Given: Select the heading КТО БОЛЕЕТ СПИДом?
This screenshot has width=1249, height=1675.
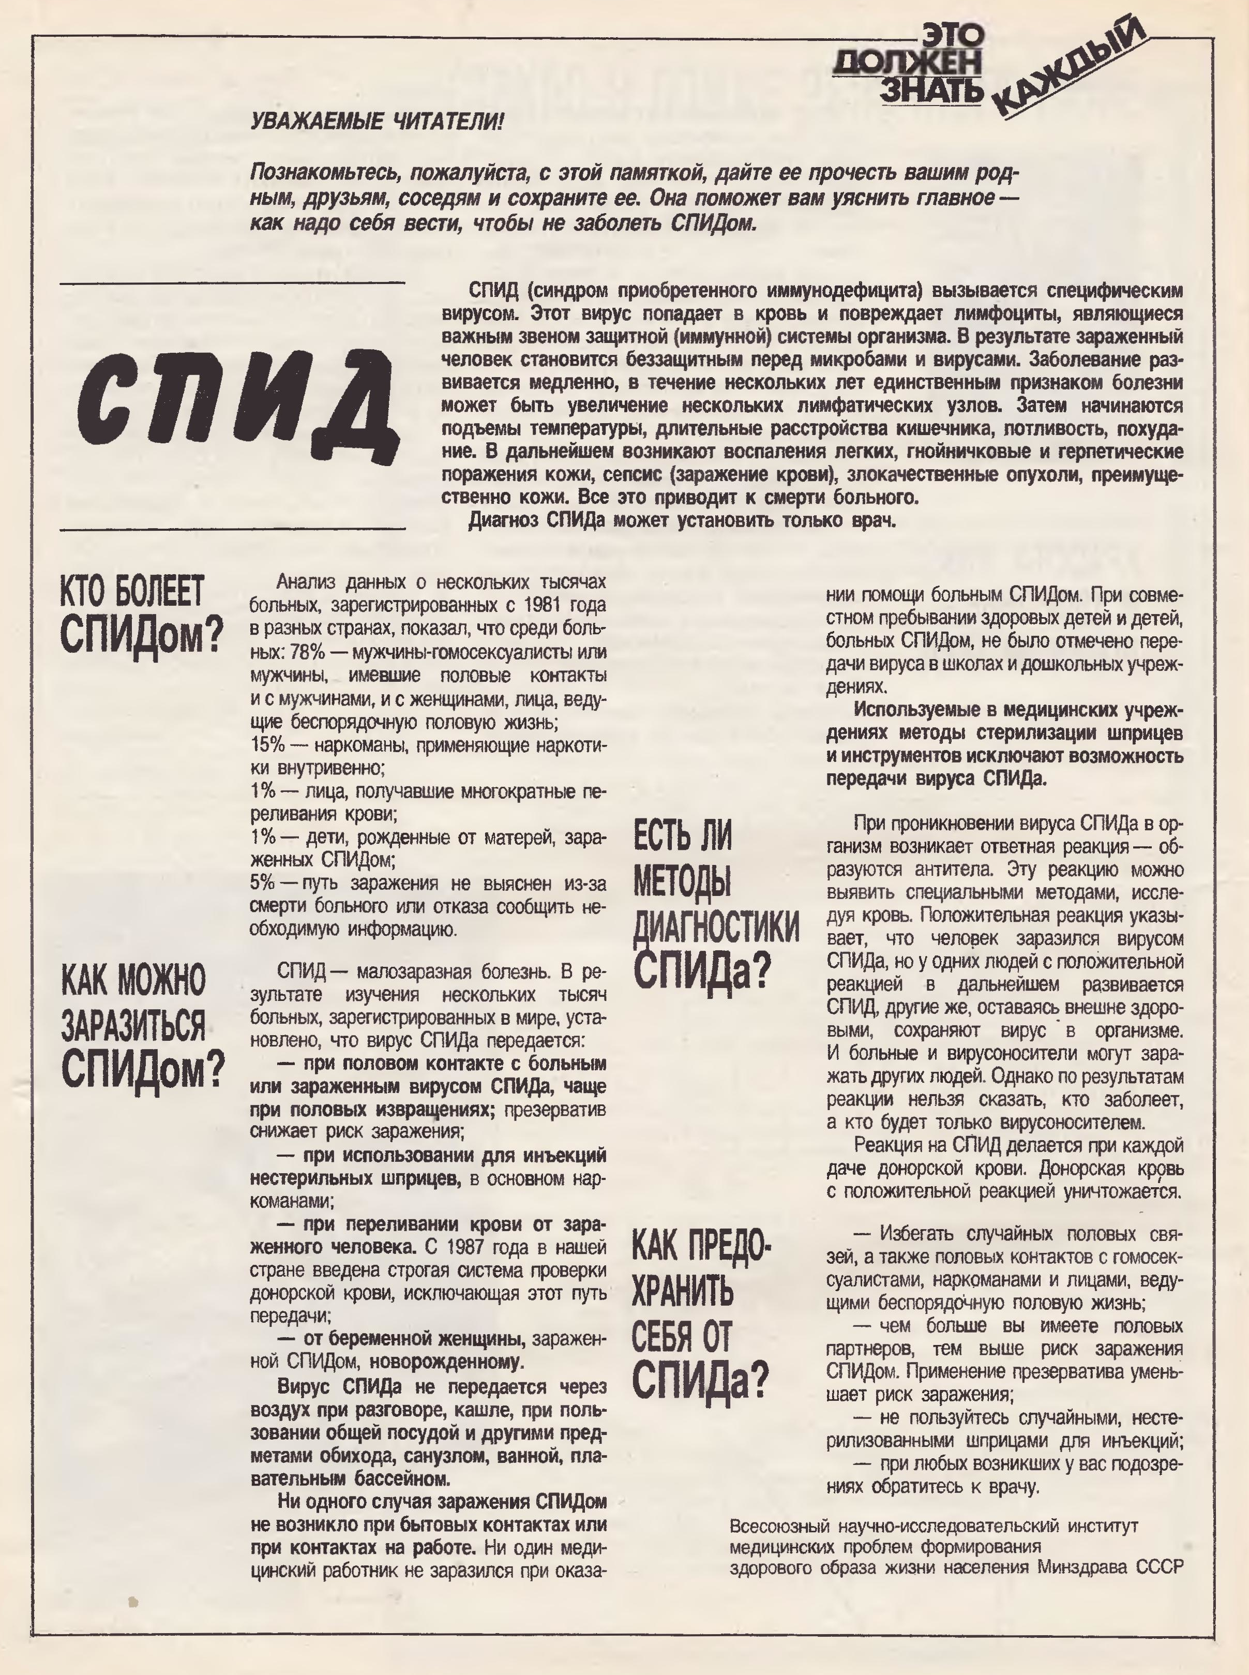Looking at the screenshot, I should [x=141, y=614].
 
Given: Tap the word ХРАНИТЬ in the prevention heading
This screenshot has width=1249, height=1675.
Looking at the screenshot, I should [x=682, y=1292].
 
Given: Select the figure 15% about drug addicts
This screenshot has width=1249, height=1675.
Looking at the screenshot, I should [x=268, y=745].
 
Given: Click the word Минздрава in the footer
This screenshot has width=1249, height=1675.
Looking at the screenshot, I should [x=1084, y=1567].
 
